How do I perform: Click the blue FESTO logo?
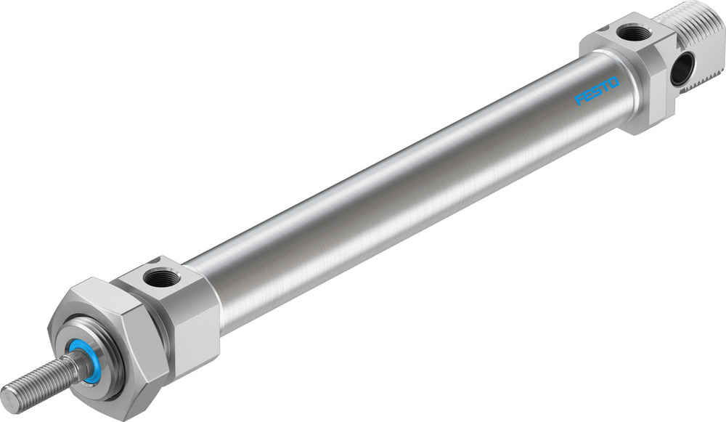(596, 90)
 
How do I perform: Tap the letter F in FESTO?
(579, 99)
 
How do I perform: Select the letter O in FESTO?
(613, 81)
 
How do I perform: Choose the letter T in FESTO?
(604, 86)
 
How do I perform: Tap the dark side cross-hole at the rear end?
(682, 70)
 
